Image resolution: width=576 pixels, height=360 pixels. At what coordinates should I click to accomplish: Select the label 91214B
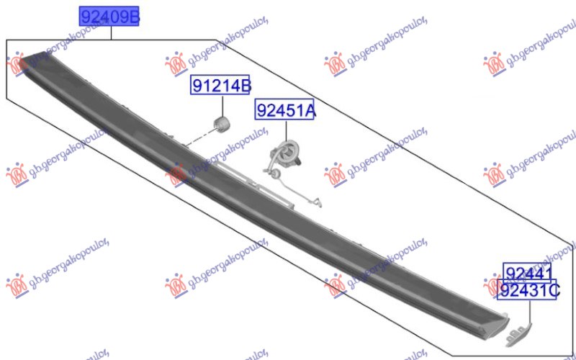point(220,86)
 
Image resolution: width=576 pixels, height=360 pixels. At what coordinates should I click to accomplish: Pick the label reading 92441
point(528,273)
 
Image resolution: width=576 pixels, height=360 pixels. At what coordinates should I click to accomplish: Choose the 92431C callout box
point(528,290)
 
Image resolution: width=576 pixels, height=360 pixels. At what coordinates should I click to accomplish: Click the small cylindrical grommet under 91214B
point(222,125)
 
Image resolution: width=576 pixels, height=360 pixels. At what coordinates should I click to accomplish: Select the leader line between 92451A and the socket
point(285,130)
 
